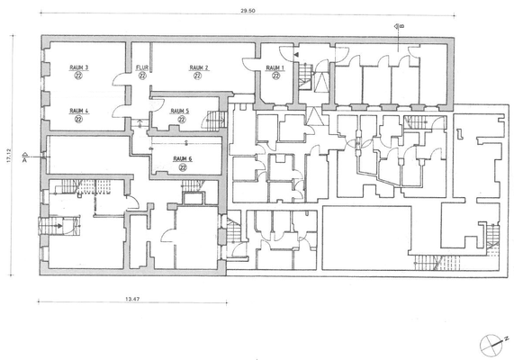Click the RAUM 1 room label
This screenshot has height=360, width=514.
pos(274,68)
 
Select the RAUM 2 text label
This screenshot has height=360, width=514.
pos(199,67)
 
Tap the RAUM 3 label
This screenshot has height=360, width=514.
pos(79,67)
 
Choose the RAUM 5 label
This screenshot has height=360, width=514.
pos(180,111)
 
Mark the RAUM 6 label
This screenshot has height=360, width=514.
pos(183,157)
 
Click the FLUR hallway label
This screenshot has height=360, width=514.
pos(141,67)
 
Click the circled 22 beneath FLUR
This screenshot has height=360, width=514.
pos(141,76)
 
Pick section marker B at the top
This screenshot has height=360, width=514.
pos(399,26)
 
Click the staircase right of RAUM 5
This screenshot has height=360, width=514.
pos(215,119)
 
